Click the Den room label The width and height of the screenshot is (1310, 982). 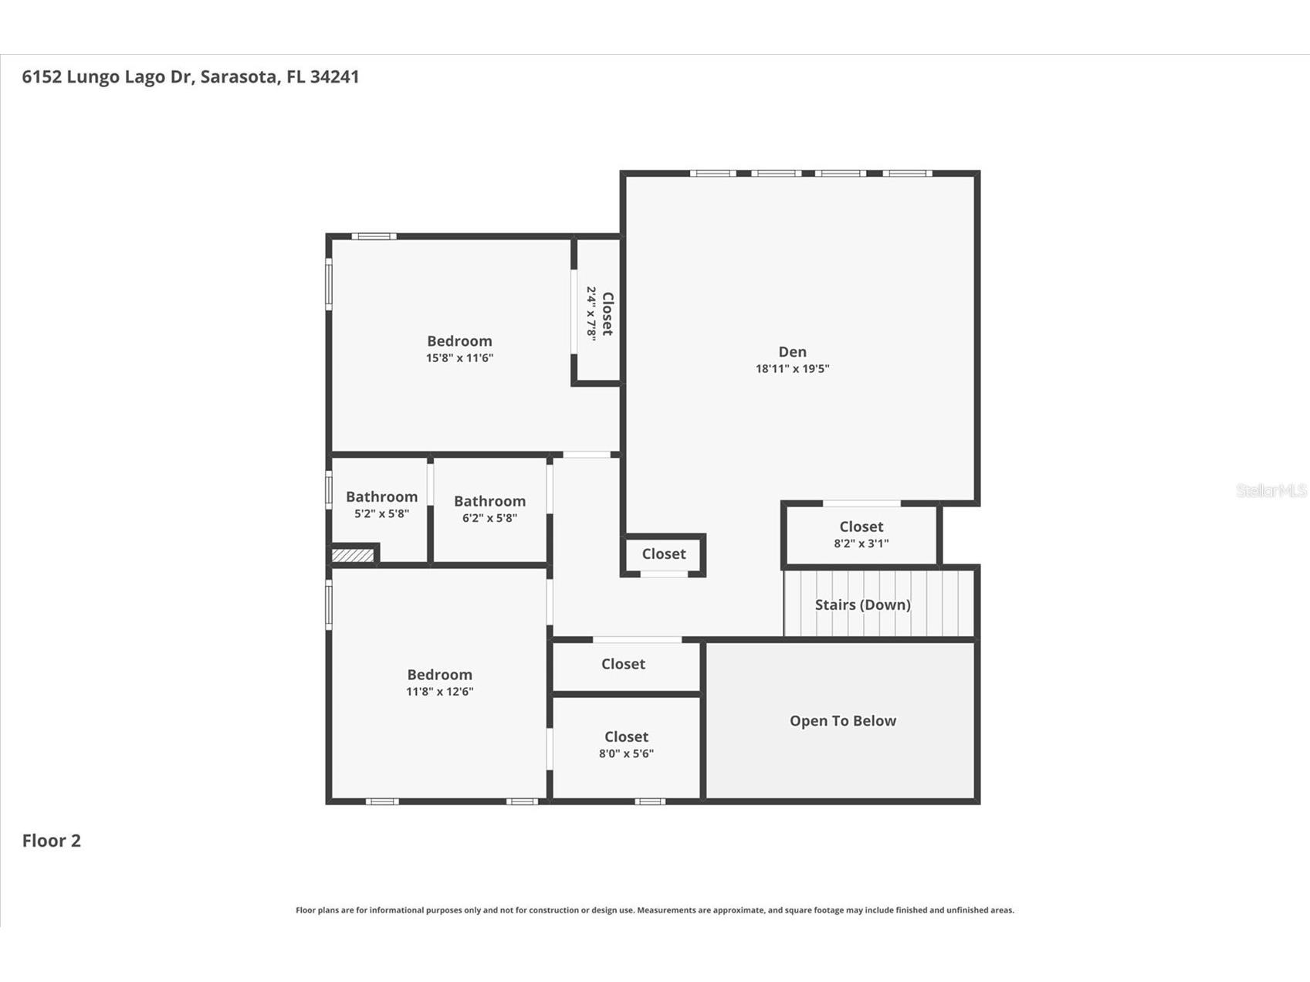(792, 352)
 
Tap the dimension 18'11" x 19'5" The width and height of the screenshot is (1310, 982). (792, 369)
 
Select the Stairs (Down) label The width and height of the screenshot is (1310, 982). (862, 604)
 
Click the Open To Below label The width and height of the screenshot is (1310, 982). (842, 721)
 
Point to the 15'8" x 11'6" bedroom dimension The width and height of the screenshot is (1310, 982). (459, 358)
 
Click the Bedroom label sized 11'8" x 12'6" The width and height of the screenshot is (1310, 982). (439, 675)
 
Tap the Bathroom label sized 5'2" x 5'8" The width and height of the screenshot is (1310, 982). (381, 497)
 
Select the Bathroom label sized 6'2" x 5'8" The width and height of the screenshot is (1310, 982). (489, 502)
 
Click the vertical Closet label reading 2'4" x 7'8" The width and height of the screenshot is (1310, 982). (608, 313)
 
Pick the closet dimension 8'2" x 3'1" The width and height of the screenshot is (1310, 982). (861, 543)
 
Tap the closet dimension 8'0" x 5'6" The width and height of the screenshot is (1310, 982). (626, 753)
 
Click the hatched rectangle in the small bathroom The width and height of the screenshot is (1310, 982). (353, 555)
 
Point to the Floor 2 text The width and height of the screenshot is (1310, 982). (51, 841)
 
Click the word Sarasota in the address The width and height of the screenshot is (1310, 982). (239, 76)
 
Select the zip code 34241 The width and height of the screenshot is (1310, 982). (334, 76)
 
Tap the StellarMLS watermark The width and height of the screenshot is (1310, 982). (1271, 491)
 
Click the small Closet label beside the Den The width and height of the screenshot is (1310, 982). (664, 554)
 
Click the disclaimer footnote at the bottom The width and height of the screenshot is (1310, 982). (655, 910)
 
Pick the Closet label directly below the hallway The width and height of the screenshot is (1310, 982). (623, 664)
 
